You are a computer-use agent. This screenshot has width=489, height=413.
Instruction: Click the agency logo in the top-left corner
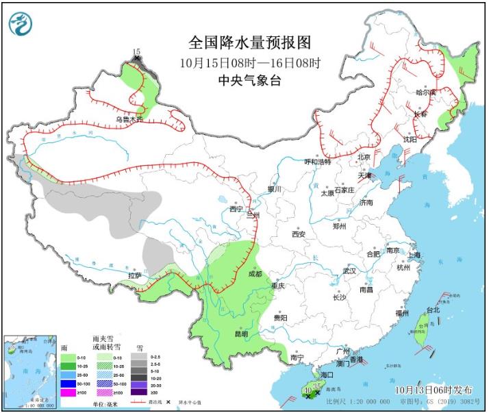click(x=21, y=24)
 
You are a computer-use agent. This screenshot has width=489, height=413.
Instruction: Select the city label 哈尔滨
click(x=426, y=92)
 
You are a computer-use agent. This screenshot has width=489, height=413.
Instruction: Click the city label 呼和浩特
click(x=317, y=162)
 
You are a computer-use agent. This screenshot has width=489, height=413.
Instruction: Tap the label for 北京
click(x=363, y=158)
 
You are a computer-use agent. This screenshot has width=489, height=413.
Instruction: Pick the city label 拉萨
click(x=135, y=275)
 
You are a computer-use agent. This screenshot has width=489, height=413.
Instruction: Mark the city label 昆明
click(x=242, y=334)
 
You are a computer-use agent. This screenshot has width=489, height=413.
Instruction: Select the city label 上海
click(x=413, y=255)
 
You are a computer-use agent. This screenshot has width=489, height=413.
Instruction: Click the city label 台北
click(x=433, y=310)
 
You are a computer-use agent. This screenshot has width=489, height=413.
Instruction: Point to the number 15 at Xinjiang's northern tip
click(x=136, y=52)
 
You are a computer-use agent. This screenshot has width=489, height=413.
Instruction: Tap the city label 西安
click(x=298, y=234)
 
